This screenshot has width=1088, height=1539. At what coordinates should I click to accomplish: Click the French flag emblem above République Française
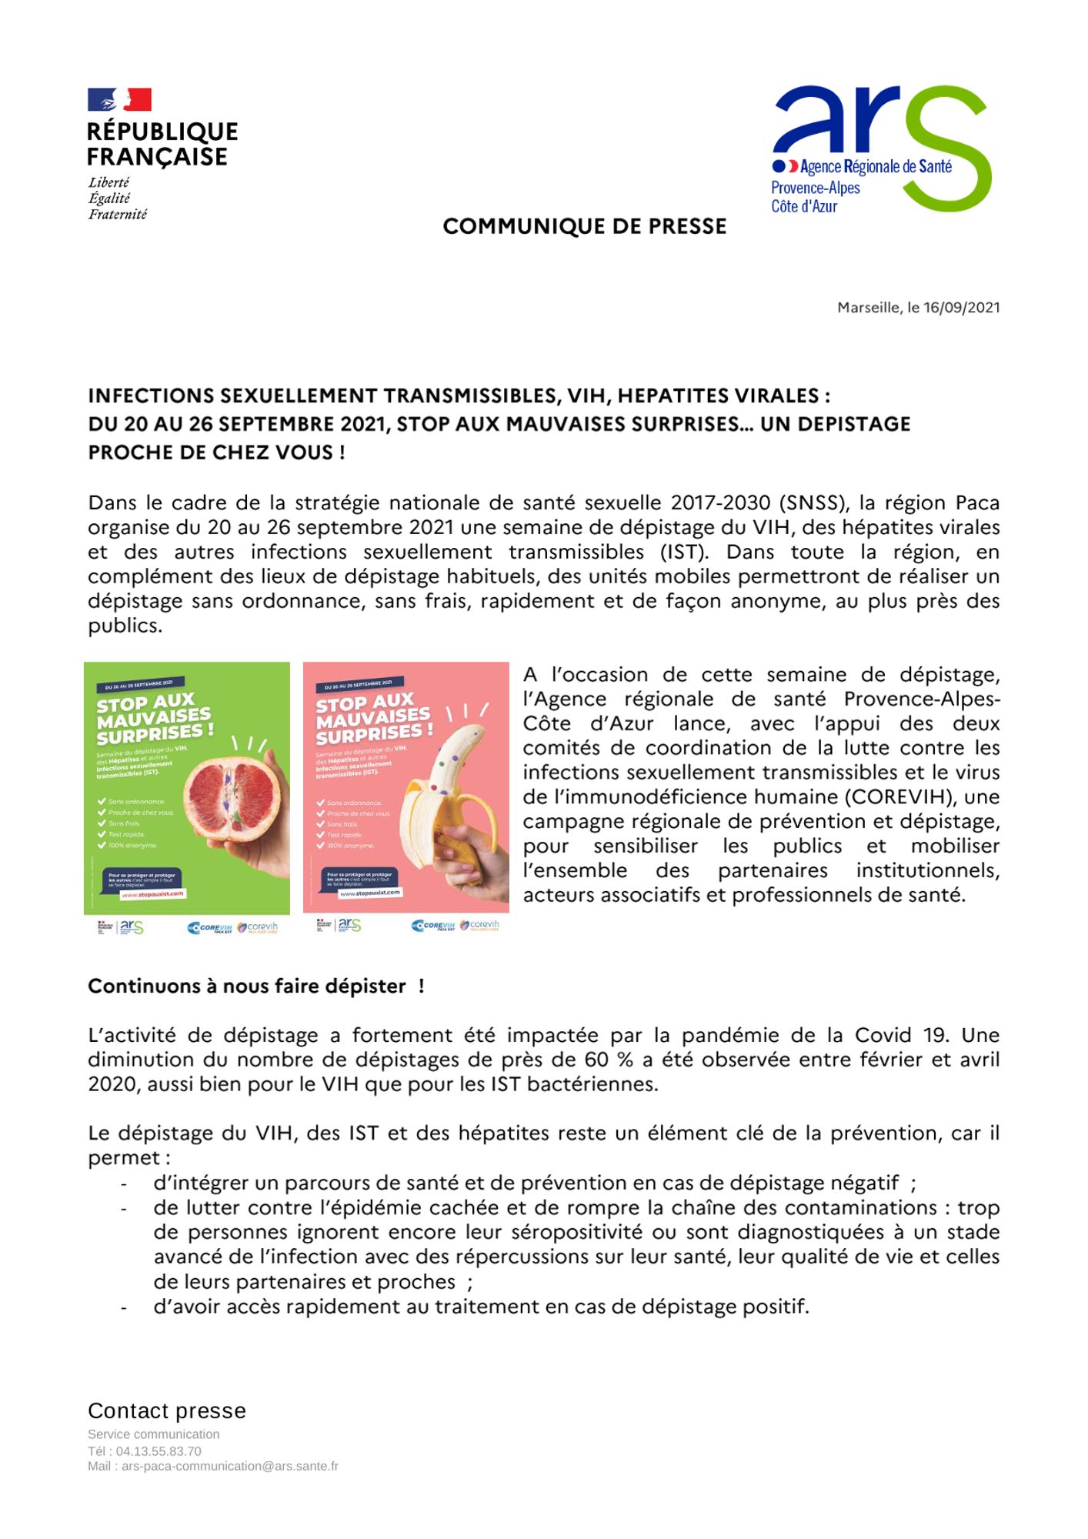click(119, 100)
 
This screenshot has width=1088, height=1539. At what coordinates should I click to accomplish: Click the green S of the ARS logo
click(951, 150)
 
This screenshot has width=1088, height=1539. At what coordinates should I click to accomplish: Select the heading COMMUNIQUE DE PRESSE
click(584, 226)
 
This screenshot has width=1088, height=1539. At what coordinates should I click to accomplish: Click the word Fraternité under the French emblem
click(117, 215)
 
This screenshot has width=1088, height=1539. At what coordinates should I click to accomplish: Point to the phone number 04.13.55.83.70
click(159, 1451)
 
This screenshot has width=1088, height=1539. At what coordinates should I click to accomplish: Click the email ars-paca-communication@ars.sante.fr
click(229, 1467)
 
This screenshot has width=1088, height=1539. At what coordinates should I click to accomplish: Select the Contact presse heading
click(167, 1411)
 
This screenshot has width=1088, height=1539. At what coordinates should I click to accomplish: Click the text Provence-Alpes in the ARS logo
click(815, 188)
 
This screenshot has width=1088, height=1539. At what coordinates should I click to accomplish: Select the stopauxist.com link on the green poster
click(153, 894)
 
